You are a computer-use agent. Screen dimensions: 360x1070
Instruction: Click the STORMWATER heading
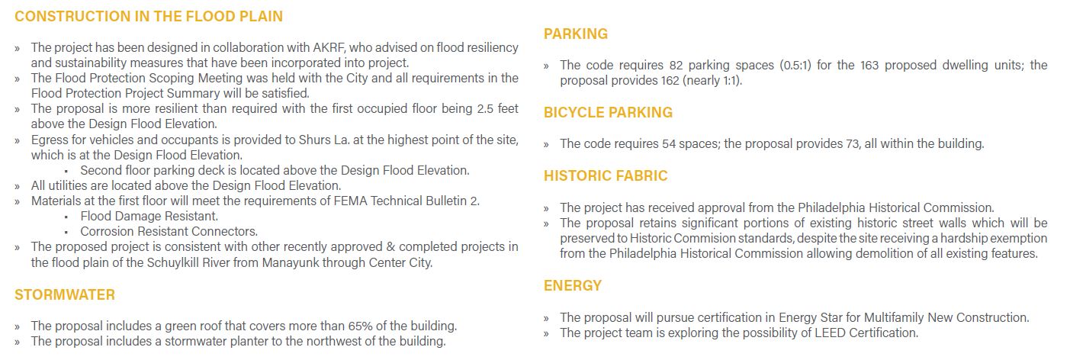point(65,294)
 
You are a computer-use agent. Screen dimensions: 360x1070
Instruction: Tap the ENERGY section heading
point(573,286)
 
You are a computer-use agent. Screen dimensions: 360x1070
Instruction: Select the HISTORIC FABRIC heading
point(606,176)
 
